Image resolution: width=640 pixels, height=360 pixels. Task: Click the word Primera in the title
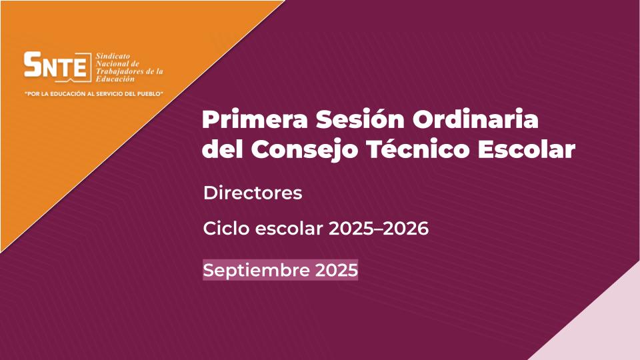(x=255, y=119)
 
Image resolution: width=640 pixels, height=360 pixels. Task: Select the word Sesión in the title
(x=360, y=119)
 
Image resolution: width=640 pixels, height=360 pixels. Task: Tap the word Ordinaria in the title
(x=475, y=119)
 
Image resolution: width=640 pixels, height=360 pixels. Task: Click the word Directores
(x=253, y=193)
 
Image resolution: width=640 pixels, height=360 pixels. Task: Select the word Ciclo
(x=226, y=228)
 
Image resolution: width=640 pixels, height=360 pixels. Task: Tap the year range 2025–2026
(x=379, y=229)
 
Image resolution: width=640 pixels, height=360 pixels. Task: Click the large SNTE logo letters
(x=56, y=65)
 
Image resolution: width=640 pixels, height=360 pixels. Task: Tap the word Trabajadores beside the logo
(x=116, y=71)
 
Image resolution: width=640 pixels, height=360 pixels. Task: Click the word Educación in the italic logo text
(x=115, y=79)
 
